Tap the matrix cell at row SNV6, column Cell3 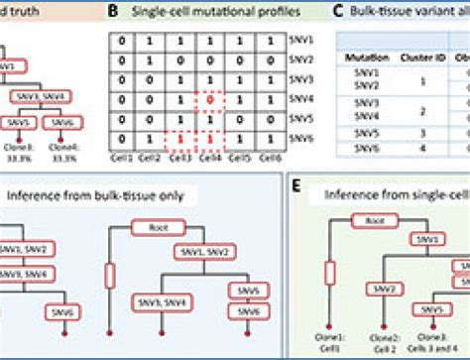(x=179, y=140)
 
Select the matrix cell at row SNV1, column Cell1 (x=119, y=42)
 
